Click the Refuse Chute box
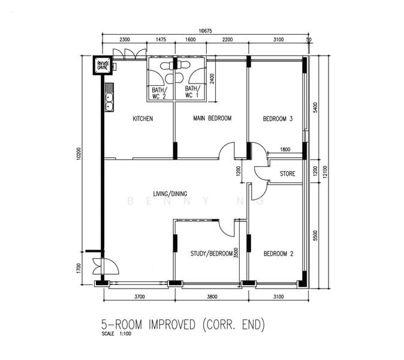(x=102, y=65)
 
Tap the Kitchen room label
(x=143, y=119)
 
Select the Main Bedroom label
(x=212, y=118)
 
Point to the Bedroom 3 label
(x=278, y=119)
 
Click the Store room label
(x=288, y=173)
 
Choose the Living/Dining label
(x=170, y=194)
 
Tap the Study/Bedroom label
(x=212, y=253)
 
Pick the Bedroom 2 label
(x=278, y=254)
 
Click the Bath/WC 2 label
(x=159, y=93)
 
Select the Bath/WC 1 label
(x=192, y=92)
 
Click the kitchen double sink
(x=109, y=97)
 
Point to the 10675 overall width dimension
(x=206, y=31)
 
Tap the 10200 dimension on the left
(x=79, y=154)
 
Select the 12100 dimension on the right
(x=325, y=172)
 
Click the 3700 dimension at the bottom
(x=140, y=296)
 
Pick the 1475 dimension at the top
(x=161, y=40)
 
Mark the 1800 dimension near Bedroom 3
(x=285, y=149)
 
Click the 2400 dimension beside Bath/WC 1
(x=212, y=79)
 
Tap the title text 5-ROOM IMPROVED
(x=148, y=325)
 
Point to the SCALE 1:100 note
(x=116, y=334)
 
